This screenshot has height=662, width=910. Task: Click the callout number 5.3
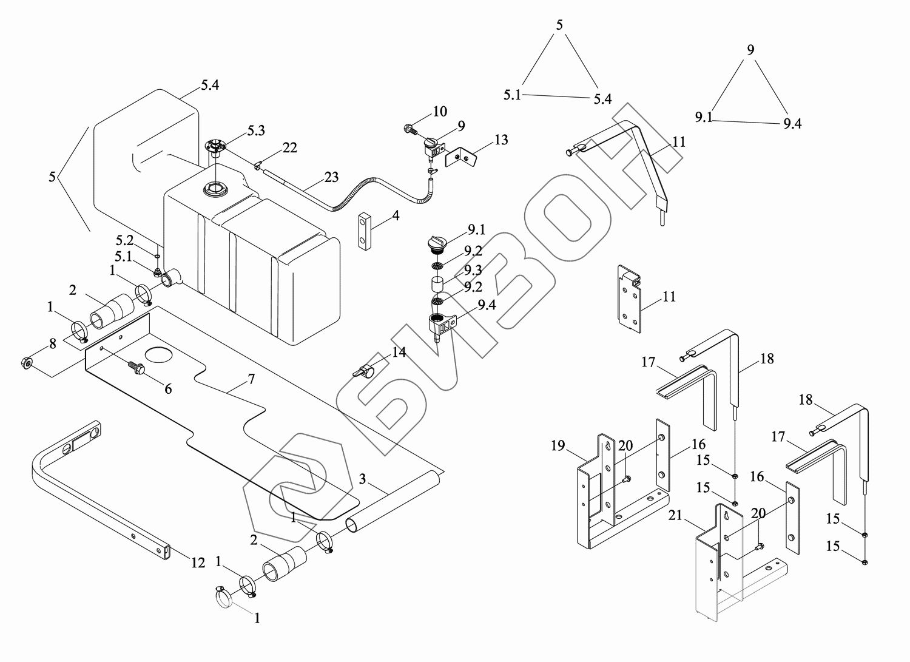(255, 130)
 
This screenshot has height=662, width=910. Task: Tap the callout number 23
(331, 178)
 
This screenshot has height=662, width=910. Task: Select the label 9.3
(473, 269)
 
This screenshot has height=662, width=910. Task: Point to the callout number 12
(198, 563)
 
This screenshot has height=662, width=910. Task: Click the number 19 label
(558, 446)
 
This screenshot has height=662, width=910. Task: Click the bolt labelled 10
(409, 129)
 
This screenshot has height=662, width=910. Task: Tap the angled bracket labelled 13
(461, 158)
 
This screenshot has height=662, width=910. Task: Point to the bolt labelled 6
(136, 368)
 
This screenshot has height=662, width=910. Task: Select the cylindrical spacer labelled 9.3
(437, 285)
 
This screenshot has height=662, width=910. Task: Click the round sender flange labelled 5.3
(215, 145)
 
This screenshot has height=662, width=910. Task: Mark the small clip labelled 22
(259, 163)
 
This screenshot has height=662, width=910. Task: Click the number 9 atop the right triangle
(750, 50)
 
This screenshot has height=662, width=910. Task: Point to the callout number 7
(251, 379)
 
